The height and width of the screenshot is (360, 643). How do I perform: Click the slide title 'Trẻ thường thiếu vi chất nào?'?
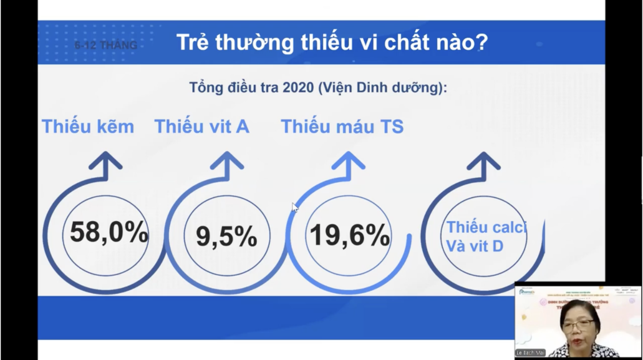tap(332, 43)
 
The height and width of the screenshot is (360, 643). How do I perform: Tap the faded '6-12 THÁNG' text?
tap(106, 46)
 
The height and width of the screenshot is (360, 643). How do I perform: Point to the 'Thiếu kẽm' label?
tap(88, 127)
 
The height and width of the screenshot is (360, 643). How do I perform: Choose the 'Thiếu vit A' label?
tap(201, 127)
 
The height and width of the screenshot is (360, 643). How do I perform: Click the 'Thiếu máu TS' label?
tap(342, 127)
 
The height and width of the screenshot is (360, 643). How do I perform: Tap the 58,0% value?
tap(109, 232)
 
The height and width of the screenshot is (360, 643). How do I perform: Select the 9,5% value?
tap(226, 236)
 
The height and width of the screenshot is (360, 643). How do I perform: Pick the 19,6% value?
tap(349, 235)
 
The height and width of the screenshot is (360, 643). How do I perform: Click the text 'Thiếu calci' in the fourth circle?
tap(486, 227)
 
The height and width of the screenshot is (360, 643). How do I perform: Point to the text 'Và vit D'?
tap(474, 246)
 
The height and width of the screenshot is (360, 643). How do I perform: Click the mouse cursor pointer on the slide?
tap(294, 207)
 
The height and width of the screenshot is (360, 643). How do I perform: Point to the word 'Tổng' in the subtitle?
tap(205, 88)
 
